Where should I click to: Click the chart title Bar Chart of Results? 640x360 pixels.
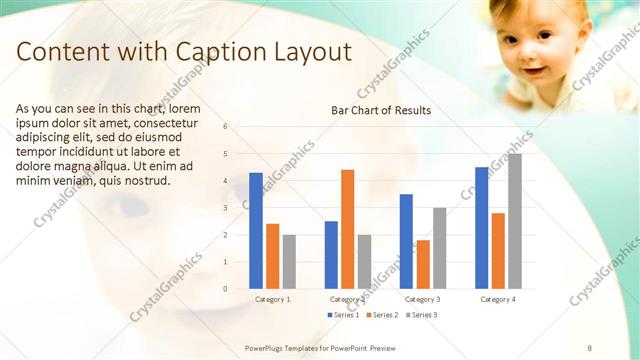click(381, 110)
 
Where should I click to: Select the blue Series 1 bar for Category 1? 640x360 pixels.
click(256, 230)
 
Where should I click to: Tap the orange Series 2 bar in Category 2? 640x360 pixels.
click(347, 229)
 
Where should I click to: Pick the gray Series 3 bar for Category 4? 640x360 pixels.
click(514, 221)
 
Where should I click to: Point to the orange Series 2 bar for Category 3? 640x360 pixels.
click(423, 264)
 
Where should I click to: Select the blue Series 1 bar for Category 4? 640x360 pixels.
click(482, 228)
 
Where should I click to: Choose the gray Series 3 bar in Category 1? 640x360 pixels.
click(289, 261)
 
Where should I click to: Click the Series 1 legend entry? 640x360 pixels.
click(343, 315)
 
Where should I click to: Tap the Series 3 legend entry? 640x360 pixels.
click(420, 315)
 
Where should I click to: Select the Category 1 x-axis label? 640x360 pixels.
click(273, 299)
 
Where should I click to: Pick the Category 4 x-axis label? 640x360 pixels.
click(498, 299)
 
